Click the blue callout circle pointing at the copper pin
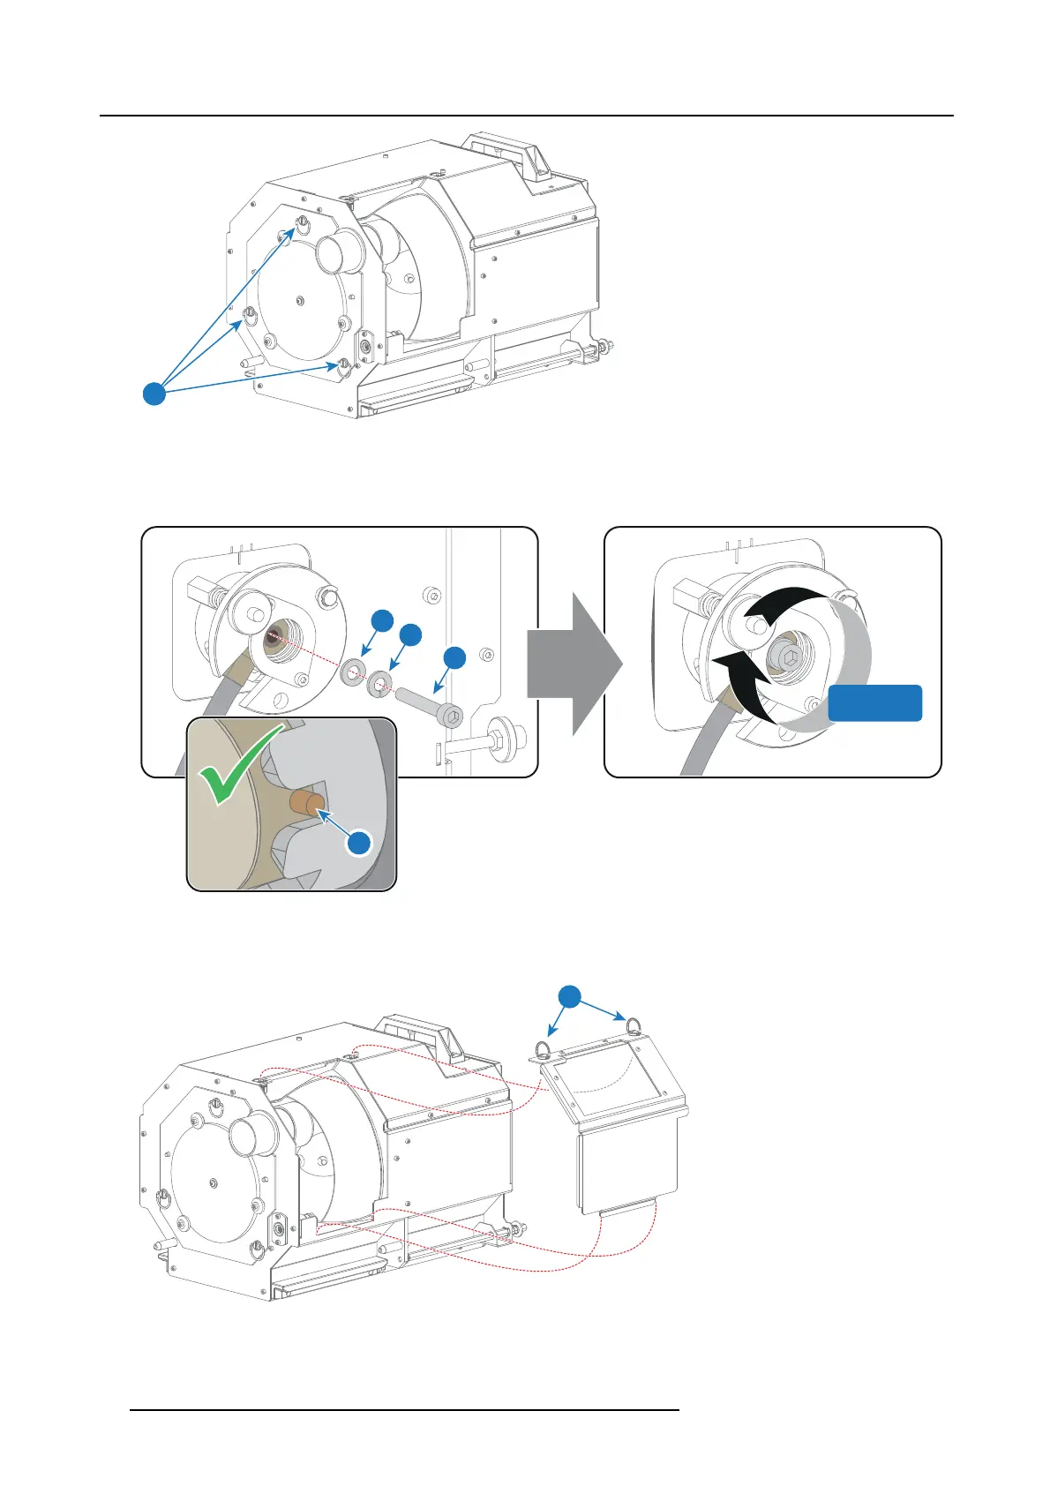359,843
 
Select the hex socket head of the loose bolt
451,717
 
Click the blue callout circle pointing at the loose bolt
454,657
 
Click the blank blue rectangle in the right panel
874,703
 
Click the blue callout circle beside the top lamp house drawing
154,394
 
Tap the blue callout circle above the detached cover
570,997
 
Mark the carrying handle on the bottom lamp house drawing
421,1036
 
